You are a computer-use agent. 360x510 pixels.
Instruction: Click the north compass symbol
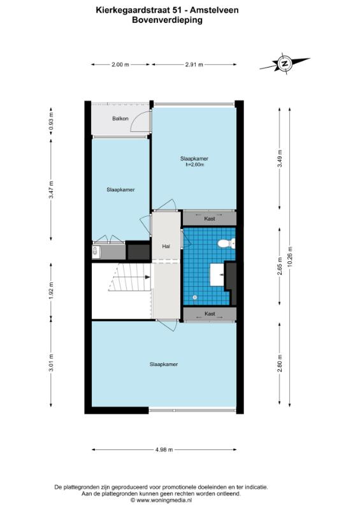pos(285,64)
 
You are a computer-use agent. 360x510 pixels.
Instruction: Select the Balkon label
pos(120,119)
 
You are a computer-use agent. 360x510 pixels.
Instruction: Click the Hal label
pos(166,247)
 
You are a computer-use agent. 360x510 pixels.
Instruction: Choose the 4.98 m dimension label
pos(164,450)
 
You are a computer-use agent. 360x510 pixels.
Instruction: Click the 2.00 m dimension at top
pos(120,64)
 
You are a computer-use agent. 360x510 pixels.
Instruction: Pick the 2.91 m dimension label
pos(194,64)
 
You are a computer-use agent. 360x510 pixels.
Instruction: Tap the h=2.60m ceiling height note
pos(194,164)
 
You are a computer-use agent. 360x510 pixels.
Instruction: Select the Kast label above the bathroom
pos(210,219)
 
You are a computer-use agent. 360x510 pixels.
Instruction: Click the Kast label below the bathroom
pos(210,314)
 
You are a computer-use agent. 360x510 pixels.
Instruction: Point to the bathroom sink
pos(217,274)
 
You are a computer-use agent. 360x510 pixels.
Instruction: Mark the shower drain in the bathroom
pos(195,297)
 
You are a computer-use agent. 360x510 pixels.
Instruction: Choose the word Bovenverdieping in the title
pos(167,20)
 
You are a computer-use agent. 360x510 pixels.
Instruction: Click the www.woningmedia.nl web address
pos(164,500)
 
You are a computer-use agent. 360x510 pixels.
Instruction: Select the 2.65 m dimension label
pos(280,266)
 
